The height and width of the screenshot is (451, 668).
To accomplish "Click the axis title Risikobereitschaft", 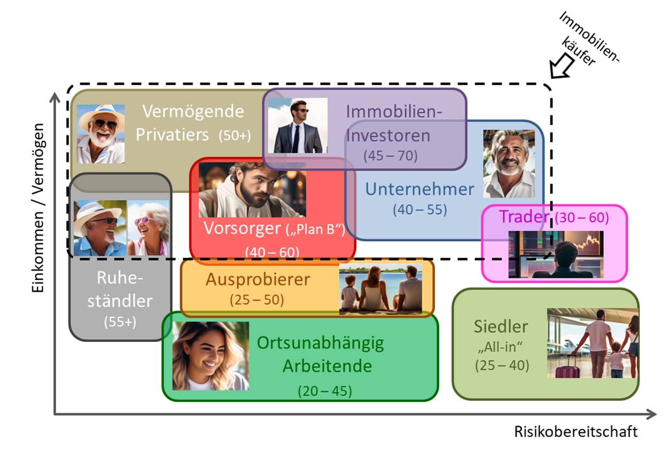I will coord(576,431).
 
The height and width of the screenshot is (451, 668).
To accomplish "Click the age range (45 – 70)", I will coord(390,156).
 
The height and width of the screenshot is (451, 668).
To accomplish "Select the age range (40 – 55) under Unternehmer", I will coord(420,210).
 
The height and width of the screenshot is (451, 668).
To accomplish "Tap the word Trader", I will coord(524,217).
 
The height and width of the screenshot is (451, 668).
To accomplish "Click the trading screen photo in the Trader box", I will coord(555,254).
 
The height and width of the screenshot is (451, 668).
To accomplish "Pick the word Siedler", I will coord(501,326).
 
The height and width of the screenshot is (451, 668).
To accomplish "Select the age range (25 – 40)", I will coord(501,366).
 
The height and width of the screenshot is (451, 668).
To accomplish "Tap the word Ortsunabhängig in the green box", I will coord(320,343).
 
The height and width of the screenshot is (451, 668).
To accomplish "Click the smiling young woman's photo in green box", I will coord(211,355).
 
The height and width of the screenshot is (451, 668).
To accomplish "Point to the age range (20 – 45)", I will coord(325,391).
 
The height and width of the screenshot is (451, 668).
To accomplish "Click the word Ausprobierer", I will coord(258,279).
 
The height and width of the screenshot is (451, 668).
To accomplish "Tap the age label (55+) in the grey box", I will coord(120,323).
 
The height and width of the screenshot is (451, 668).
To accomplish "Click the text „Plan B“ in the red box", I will coord(315,229).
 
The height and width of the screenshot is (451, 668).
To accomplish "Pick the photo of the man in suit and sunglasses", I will coord(298,126).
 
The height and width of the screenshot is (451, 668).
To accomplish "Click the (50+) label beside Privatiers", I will coord(234,136).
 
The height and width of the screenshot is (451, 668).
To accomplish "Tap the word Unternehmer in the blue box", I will coord(420,189).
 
